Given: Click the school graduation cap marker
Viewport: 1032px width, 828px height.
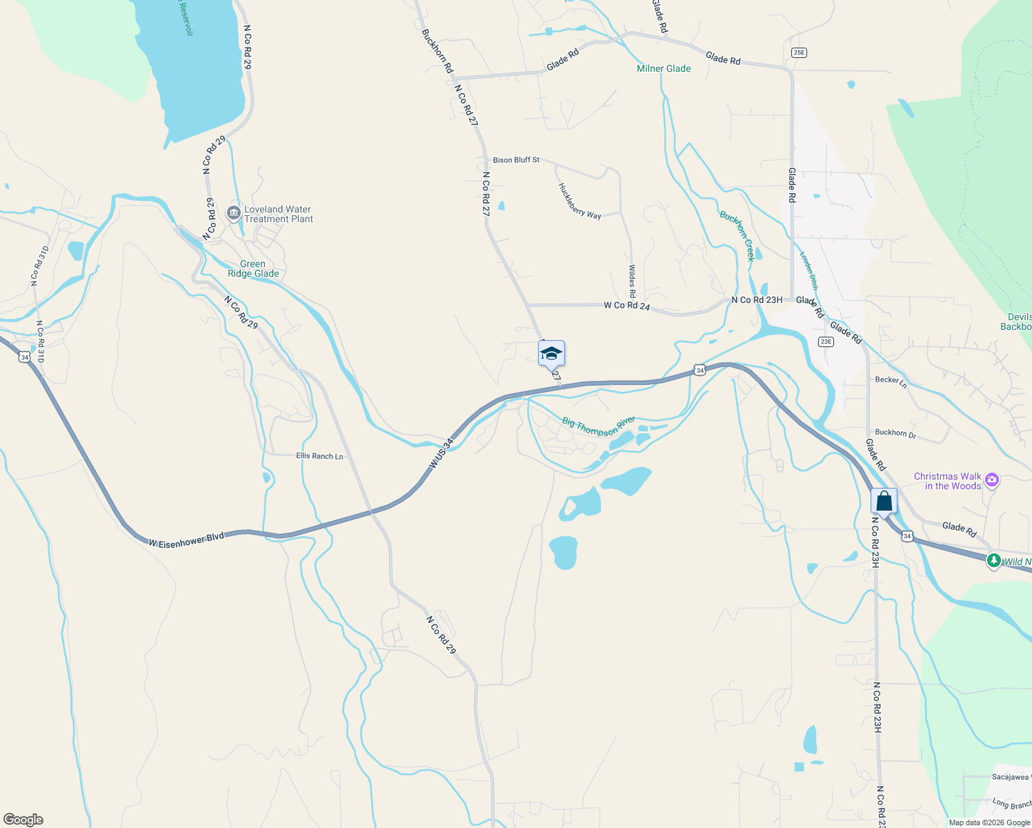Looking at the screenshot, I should pos(551,353).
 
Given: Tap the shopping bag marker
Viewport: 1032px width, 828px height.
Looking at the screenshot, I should pos(884,501).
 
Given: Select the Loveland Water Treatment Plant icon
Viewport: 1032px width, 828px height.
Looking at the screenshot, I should pos(234,214).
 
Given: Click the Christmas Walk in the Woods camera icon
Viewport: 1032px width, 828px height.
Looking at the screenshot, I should pos(992,480).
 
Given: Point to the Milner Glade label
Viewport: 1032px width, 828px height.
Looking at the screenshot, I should pos(664,68).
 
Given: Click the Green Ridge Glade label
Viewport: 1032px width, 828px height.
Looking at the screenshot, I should pos(253,269).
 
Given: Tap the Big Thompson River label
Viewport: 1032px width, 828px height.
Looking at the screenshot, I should pos(598,426).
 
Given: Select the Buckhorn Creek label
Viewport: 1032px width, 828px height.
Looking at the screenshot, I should pos(737,235).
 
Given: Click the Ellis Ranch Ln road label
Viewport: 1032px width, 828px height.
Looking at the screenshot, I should pos(319,456).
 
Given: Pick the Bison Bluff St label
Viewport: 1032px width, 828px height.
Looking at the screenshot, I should pos(516,160).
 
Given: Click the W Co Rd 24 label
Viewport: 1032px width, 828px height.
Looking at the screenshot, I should pos(626,305).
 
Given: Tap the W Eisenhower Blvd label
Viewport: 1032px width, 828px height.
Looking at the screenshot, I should pos(186,540).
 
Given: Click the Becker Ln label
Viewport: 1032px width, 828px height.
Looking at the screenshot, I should pos(891,380).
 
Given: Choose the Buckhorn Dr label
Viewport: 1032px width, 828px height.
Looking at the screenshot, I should pos(895,433).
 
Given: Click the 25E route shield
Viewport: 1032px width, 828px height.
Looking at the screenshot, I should pos(799,52).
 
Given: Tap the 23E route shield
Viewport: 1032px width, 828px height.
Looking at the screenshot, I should pos(826,342).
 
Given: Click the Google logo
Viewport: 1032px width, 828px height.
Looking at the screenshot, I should pos(23,820).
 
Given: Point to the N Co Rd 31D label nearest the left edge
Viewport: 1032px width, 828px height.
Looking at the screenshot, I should pos(39,266).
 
